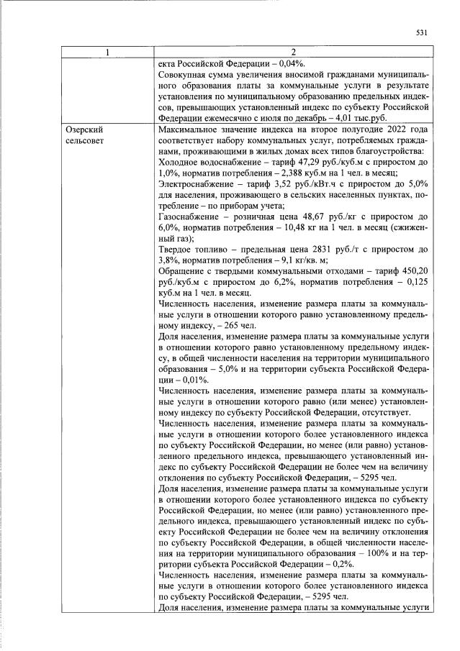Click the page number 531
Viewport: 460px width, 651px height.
tap(422, 32)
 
